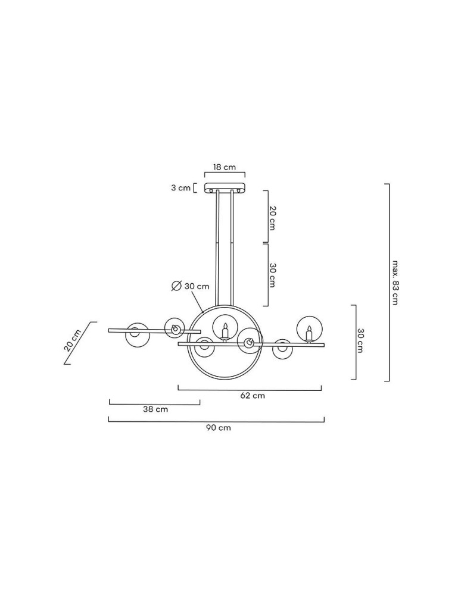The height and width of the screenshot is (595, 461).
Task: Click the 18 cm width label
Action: (x=224, y=167)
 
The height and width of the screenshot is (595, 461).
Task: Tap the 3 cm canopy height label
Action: (x=180, y=188)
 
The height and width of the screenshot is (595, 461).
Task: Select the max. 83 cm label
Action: (x=395, y=283)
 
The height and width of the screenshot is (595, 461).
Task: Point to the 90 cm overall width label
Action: (x=219, y=428)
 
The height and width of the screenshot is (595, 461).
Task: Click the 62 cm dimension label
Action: (x=253, y=396)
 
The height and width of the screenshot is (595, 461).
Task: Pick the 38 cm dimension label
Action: (x=155, y=409)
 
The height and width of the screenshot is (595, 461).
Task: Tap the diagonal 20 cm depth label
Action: (x=73, y=340)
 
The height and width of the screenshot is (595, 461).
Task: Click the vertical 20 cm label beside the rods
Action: (x=272, y=218)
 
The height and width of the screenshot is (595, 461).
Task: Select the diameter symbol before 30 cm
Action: (x=176, y=286)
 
